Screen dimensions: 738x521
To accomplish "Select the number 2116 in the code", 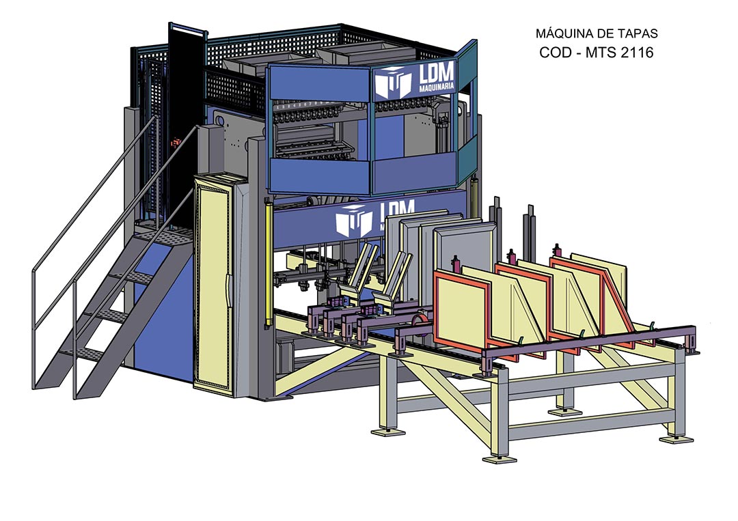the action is pos(637,52).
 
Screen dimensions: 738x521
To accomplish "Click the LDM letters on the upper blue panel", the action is pos(436,73).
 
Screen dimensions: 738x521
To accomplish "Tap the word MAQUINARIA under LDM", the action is pos(436,87).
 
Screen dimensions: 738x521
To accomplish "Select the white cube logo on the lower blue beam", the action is pos(353,220).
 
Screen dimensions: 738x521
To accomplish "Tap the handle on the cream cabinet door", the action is pos(229,285).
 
